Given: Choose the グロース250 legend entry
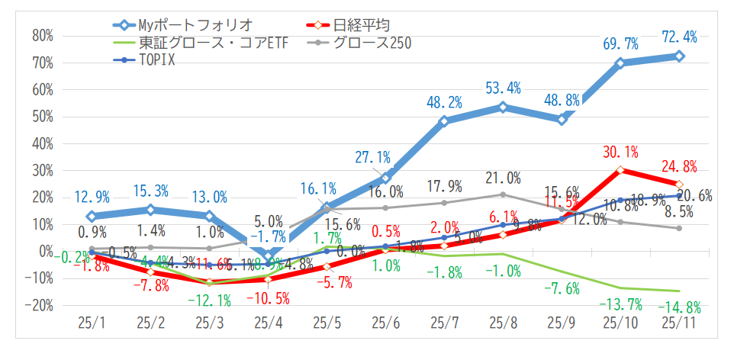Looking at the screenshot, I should coord(370,43).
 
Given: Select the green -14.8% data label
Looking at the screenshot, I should coord(678,307).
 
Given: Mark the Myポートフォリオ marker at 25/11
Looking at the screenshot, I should coord(679,56).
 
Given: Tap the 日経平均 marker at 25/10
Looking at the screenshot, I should coord(620,169).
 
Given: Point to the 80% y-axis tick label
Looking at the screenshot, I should coord(43,36).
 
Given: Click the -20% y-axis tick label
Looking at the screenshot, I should coord(40,304).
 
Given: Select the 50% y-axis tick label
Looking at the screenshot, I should coord(43,117).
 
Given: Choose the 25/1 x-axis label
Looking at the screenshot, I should coord(92,323).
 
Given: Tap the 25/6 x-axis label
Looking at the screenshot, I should coord(385,323).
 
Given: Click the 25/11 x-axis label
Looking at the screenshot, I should coord(679,323).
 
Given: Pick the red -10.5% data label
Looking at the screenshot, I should coord(268,297).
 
